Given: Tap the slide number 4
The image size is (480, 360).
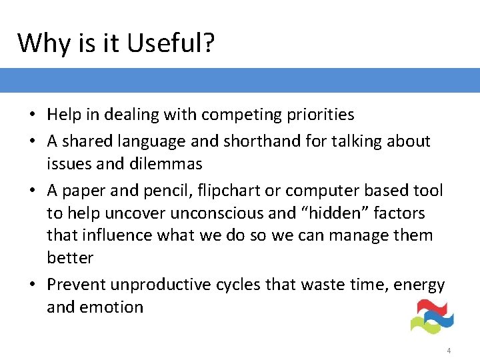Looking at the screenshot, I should point(449,350).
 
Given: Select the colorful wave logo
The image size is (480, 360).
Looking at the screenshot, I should point(431,317).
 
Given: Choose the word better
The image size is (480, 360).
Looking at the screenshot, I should point(70,258).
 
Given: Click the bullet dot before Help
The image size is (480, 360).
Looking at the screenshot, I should point(32,115).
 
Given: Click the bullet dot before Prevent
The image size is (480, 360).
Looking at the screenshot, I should point(32,285).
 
